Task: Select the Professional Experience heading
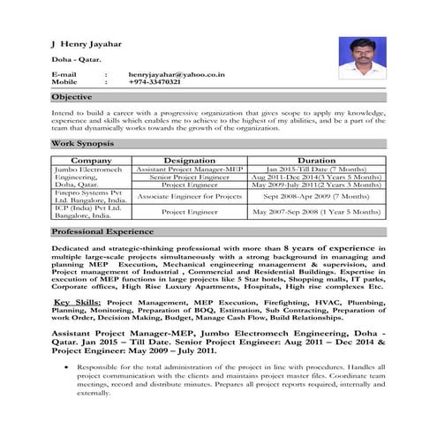[x=102, y=231]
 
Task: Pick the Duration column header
[x=317, y=160]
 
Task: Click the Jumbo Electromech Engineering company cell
[x=82, y=177]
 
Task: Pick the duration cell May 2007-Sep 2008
[x=317, y=213]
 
